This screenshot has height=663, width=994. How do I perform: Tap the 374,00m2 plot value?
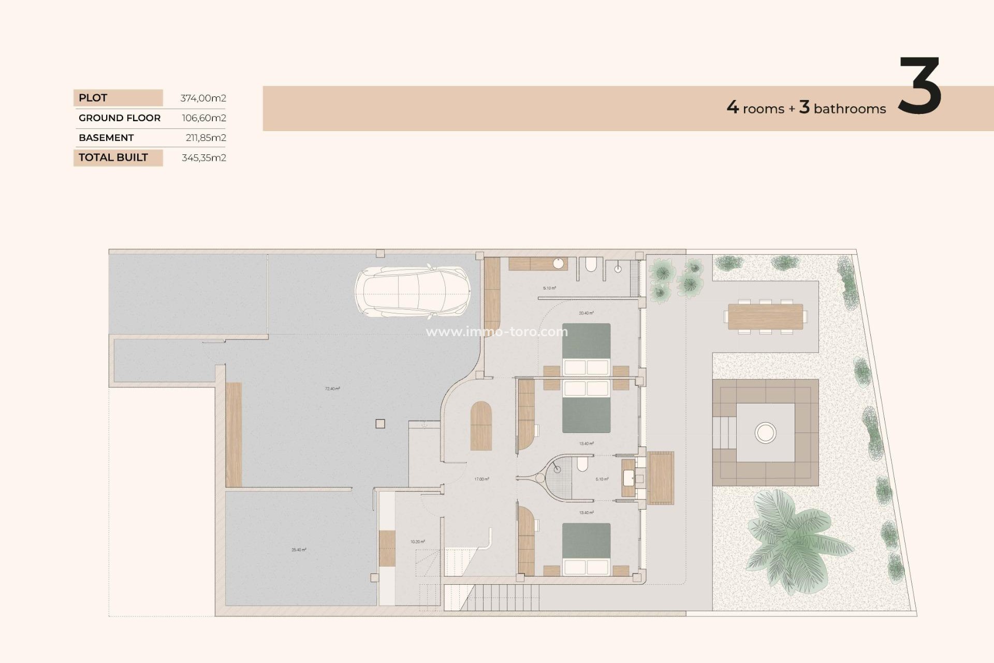(x=203, y=98)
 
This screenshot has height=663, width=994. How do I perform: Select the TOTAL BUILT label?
(x=113, y=157)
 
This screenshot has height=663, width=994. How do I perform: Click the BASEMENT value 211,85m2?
(x=206, y=138)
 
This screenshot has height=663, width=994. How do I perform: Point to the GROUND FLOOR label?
(x=120, y=118)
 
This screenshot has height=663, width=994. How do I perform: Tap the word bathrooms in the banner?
(x=850, y=109)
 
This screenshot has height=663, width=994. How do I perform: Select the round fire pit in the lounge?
(x=765, y=433)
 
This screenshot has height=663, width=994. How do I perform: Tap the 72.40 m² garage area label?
(x=332, y=388)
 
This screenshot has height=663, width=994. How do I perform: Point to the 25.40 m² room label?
(x=299, y=550)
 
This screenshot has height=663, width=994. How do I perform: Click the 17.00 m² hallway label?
(x=481, y=479)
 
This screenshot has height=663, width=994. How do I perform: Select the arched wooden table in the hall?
(x=481, y=426)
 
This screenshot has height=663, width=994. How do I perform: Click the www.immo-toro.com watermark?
(x=496, y=332)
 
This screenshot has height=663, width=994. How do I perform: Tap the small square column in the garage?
(x=380, y=424)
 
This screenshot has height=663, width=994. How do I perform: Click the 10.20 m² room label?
(x=418, y=542)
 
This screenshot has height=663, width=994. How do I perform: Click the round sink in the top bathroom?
(x=558, y=264)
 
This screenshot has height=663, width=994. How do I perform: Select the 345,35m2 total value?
(x=203, y=158)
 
